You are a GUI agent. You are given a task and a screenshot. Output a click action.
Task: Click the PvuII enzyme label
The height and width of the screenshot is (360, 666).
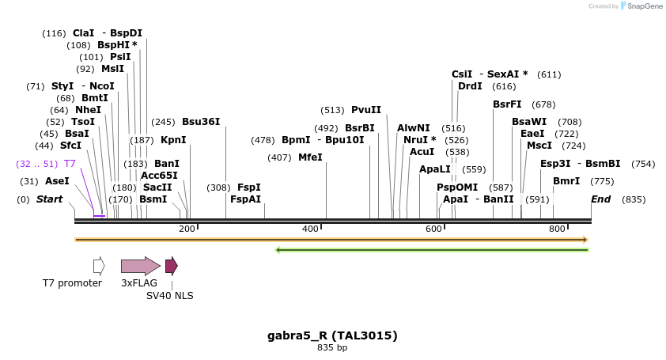pyautogui.click(x=366, y=110)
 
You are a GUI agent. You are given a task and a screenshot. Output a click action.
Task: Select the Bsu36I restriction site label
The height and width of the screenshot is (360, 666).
pyautogui.click(x=201, y=122)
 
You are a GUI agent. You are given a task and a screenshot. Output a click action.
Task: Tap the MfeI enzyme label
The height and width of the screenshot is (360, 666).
pyautogui.click(x=310, y=157)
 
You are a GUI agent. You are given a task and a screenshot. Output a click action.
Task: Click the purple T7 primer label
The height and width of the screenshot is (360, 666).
pyautogui.click(x=70, y=164)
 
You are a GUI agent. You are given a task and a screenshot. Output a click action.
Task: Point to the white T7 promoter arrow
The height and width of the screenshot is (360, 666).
pyautogui.click(x=99, y=266)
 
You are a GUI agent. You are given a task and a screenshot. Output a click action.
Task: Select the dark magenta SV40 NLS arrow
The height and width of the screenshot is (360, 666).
pyautogui.click(x=171, y=266)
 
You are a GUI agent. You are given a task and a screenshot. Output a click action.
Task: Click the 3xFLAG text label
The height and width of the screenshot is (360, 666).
pyautogui.click(x=138, y=282)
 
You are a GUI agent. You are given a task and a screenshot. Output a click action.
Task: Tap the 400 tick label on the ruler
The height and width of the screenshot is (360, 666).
pyautogui.click(x=310, y=229)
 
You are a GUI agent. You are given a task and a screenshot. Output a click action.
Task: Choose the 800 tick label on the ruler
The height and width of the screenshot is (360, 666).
pyautogui.click(x=557, y=229)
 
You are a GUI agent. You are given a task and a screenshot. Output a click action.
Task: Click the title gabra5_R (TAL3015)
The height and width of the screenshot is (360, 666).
pyautogui.click(x=332, y=335)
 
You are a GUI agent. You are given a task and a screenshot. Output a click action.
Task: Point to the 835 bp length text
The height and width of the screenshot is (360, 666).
pyautogui.click(x=332, y=347)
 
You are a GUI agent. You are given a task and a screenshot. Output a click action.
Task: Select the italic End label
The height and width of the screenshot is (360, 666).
pyautogui.click(x=600, y=199)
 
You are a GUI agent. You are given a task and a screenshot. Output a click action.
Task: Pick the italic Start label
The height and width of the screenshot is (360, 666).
pyautogui.click(x=49, y=199)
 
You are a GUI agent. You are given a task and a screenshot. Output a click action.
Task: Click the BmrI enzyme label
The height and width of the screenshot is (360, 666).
pyautogui.click(x=566, y=181)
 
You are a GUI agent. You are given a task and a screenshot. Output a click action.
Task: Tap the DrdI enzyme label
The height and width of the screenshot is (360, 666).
pyautogui.click(x=470, y=86)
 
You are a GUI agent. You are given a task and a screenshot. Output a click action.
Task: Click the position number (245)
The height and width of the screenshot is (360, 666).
pyautogui.click(x=163, y=122)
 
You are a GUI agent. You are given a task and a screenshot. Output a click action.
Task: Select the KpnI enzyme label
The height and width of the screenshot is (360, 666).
pyautogui.click(x=173, y=140)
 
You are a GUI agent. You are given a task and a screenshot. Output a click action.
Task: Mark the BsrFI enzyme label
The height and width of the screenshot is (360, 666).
pyautogui.click(x=507, y=104)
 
